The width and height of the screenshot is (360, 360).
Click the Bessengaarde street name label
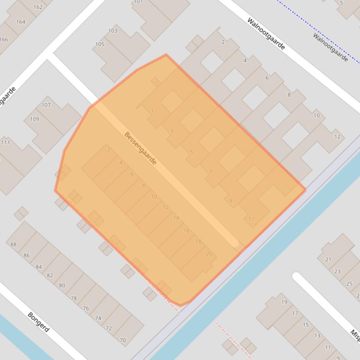click(x=140, y=148)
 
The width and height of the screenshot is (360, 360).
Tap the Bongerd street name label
click(x=38, y=322)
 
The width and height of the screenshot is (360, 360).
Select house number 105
click(x=99, y=44)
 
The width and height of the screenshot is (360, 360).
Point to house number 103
click(x=112, y=31)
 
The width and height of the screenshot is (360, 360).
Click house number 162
click(x=38, y=7)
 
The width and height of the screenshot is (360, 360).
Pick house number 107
click(x=46, y=105)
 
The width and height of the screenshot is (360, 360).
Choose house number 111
click(x=5, y=143)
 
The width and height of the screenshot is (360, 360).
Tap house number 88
click(x=13, y=245)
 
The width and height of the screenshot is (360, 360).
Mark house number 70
click(x=123, y=340)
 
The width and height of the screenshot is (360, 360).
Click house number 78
click(x=73, y=298)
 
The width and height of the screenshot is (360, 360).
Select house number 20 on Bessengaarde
click(x=209, y=254)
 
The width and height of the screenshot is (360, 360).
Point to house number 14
click(x=176, y=218)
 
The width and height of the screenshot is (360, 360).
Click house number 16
click(x=187, y=230)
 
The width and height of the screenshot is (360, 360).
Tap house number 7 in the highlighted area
click(x=211, y=172)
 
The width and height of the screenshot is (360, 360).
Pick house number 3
click(x=172, y=131)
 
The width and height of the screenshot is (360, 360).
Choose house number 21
click(x=328, y=259)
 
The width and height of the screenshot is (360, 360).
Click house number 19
click(x=284, y=302)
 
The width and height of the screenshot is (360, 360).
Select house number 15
click(x=306, y=325)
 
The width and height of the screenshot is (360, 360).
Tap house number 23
click(x=338, y=271)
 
